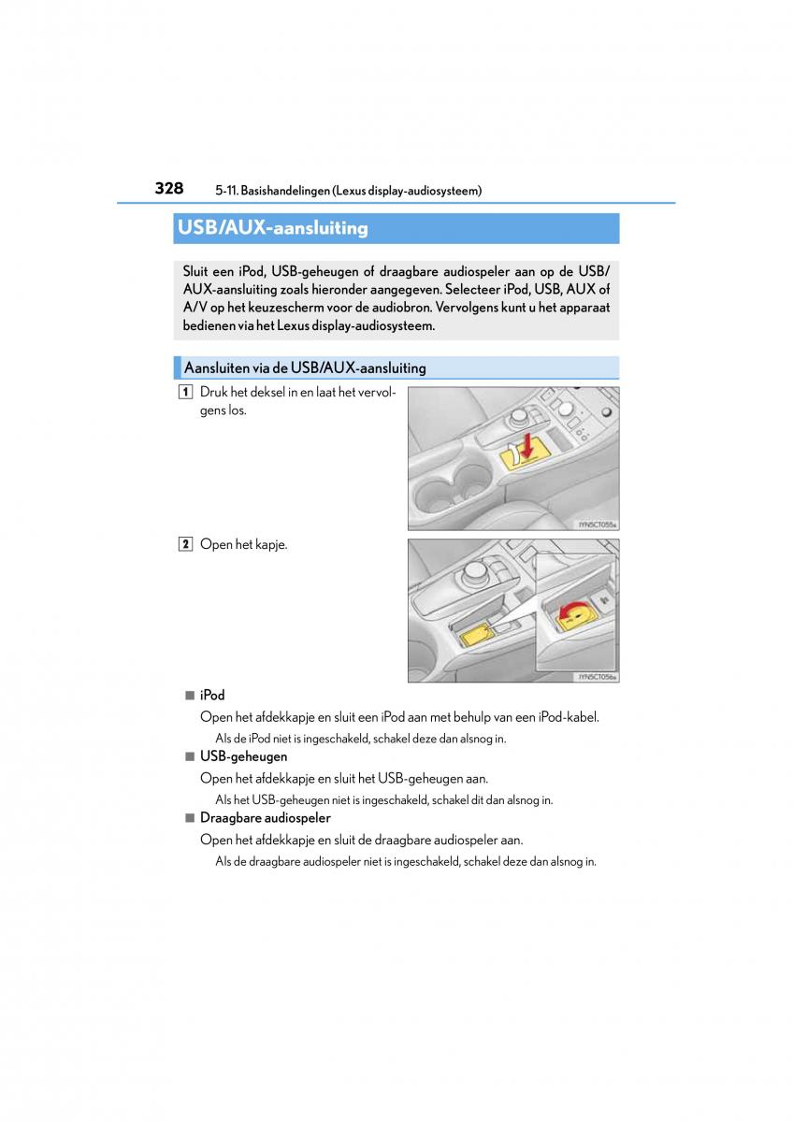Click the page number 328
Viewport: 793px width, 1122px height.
pyautogui.click(x=168, y=188)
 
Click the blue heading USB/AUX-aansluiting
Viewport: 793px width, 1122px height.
pyautogui.click(x=272, y=228)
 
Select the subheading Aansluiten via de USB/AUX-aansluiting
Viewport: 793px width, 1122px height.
pyautogui.click(x=305, y=368)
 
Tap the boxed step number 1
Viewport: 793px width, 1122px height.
pyautogui.click(x=187, y=393)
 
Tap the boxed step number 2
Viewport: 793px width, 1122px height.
pyautogui.click(x=187, y=545)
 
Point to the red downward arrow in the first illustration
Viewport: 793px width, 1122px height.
pyautogui.click(x=526, y=446)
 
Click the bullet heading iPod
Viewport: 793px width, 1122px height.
pyautogui.click(x=212, y=696)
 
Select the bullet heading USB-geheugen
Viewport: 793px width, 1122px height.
pyautogui.click(x=243, y=756)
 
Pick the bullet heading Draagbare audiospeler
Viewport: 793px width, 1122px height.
pyautogui.click(x=265, y=818)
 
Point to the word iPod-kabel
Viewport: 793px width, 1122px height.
pyautogui.click(x=569, y=717)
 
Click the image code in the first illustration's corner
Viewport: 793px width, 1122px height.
pyautogui.click(x=598, y=525)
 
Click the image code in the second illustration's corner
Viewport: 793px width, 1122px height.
pyautogui.click(x=598, y=676)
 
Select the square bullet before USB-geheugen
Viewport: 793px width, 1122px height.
pyautogui.click(x=189, y=756)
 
